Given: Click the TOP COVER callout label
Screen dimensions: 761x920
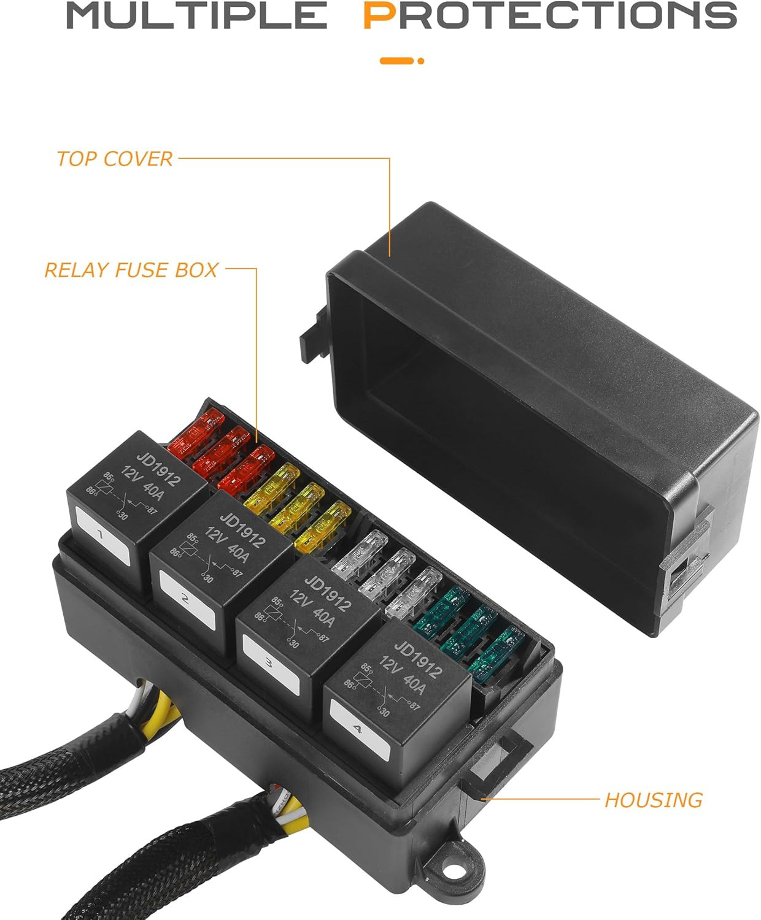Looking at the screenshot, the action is click(114, 159).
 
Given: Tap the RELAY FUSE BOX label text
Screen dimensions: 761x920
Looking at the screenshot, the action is click(131, 270).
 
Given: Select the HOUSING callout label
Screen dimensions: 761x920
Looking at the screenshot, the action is click(653, 800).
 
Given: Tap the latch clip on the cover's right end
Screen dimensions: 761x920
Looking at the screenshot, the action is click(681, 577).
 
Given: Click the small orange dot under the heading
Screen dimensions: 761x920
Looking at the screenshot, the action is click(421, 61).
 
